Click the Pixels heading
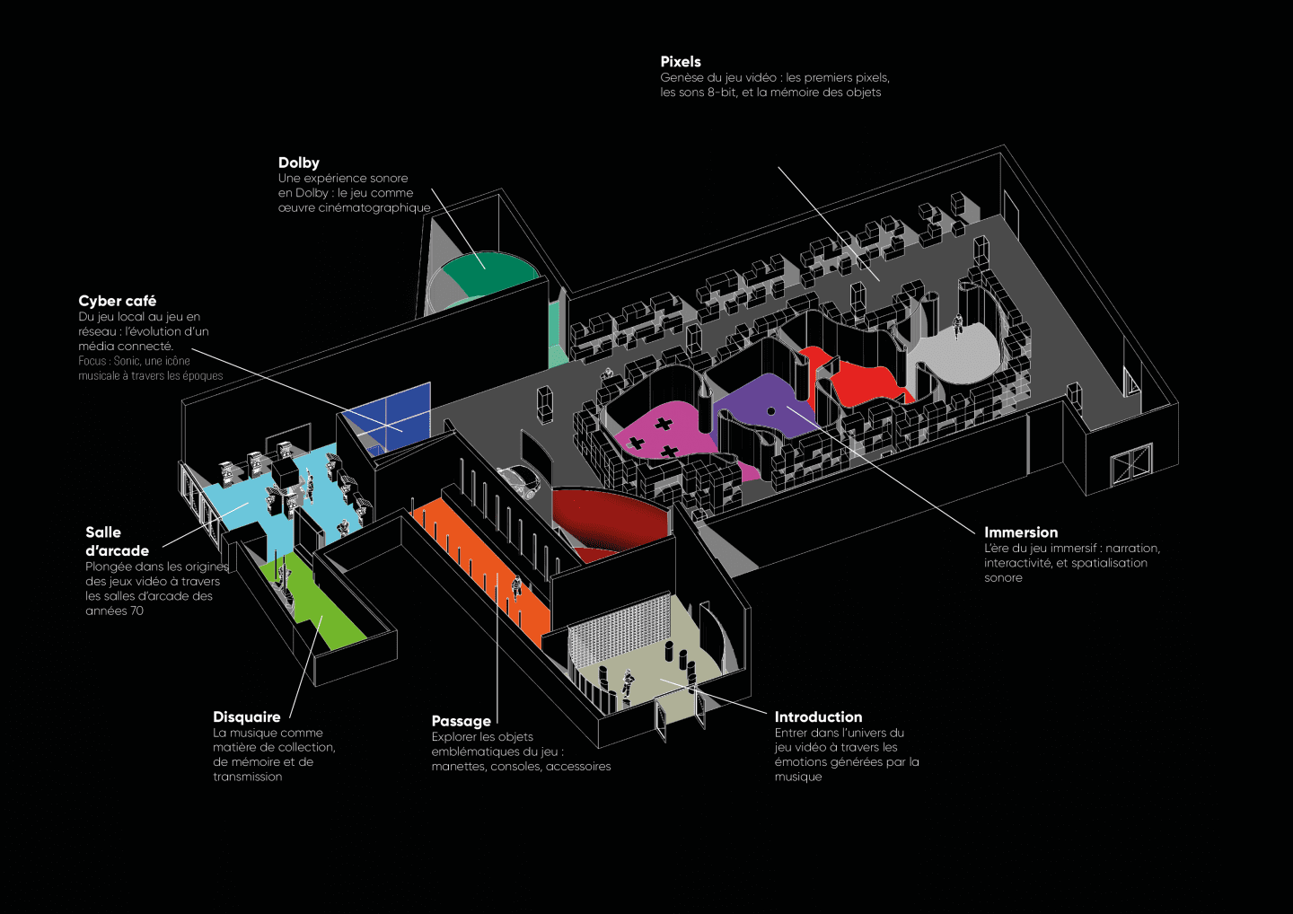point(680,62)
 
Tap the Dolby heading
point(298,163)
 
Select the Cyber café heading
point(117,301)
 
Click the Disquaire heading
point(246,716)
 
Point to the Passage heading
point(461,721)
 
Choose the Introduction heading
point(818,716)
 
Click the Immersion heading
point(1020,532)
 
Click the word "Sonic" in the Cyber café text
point(126,361)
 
